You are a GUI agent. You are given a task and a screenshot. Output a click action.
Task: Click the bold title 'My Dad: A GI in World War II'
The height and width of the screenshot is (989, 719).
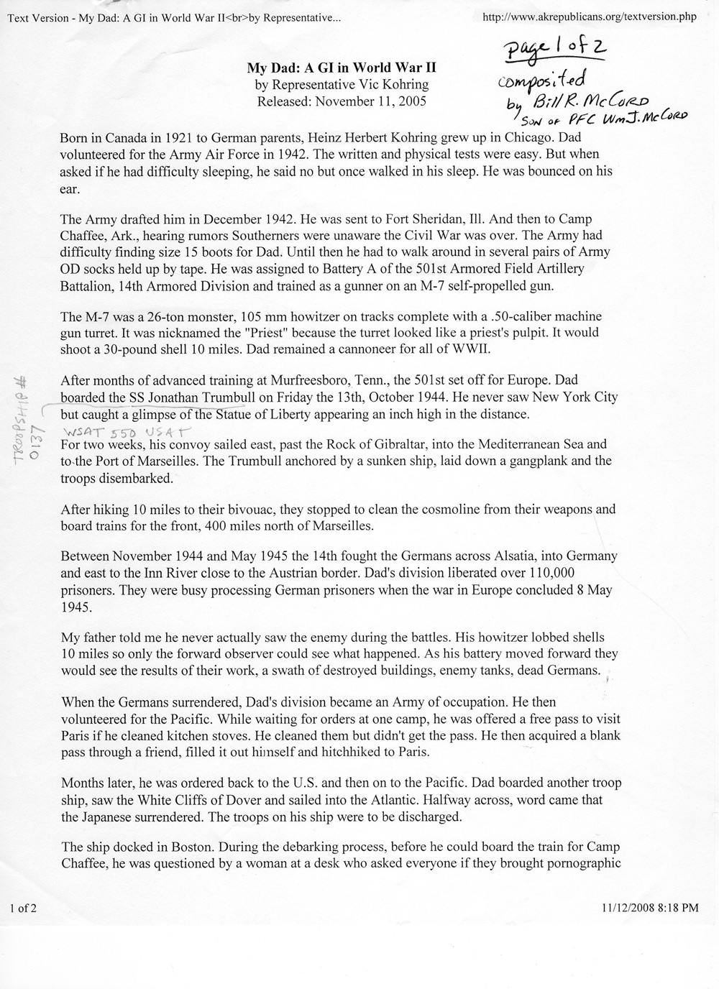[342, 68]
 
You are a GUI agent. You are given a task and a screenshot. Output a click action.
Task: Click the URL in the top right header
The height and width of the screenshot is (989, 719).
[590, 17]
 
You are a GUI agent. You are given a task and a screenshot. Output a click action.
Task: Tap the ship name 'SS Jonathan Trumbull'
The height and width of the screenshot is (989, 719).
[186, 397]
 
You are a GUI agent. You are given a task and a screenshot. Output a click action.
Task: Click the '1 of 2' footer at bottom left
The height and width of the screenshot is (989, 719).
[23, 908]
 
